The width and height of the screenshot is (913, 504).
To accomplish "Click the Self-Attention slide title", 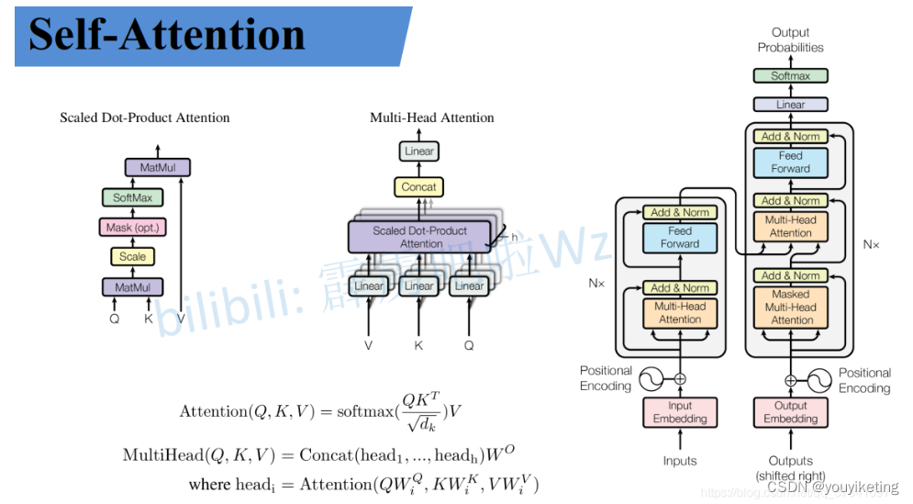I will coord(166,34).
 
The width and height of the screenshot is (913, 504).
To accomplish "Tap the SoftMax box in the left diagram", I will coord(132,197).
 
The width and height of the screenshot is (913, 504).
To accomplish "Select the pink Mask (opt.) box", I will coord(132,227).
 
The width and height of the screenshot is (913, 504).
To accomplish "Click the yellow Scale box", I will coord(132,256).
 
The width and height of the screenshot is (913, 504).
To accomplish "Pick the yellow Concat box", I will coord(419,186).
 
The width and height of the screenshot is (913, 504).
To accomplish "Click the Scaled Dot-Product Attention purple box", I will coord(419,237).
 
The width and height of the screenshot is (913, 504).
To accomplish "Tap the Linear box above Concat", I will coord(419,151).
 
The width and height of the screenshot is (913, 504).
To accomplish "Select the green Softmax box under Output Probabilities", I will coord(790,76).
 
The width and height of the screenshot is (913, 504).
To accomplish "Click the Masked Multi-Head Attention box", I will coord(790,307).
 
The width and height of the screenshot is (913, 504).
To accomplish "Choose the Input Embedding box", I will coord(680,412).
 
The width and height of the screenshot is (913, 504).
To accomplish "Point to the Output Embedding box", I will coord(790,412).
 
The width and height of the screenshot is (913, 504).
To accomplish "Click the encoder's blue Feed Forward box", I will coord(680,238).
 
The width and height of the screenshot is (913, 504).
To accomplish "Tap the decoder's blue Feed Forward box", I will coord(790,162).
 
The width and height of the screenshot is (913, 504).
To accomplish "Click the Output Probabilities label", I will coord(790,39).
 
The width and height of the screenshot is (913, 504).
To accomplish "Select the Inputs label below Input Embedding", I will coord(680,461).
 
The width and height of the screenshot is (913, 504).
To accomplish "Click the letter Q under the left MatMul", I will coord(114,319).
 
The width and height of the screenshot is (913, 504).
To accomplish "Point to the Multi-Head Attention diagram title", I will coord(431,118).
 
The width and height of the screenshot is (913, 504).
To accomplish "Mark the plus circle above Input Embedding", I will coord(680,378).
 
